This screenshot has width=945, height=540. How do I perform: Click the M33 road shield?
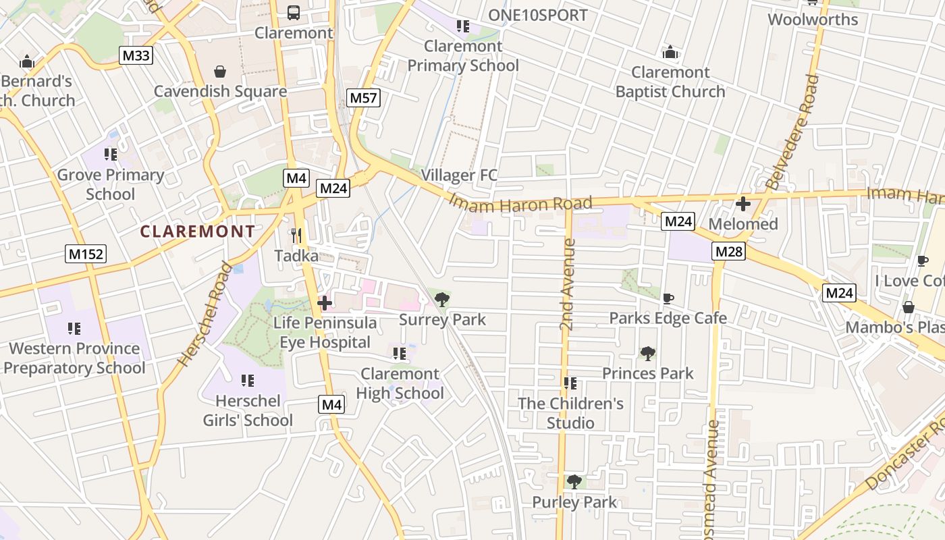point(136,55)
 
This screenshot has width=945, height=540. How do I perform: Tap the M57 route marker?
point(364,98)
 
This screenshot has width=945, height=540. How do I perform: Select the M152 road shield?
point(86,254)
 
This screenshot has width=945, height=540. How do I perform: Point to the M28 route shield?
point(729,252)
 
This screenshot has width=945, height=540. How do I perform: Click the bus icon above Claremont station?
point(294,12)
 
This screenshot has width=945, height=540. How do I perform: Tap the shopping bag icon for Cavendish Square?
point(220,72)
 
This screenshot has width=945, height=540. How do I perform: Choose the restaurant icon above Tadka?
point(296,236)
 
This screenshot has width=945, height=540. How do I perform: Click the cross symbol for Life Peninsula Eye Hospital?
point(325,303)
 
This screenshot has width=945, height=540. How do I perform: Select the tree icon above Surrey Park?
point(442,299)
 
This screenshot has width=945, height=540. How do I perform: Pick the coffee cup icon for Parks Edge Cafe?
point(668,298)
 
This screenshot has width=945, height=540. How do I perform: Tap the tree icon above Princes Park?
point(647,353)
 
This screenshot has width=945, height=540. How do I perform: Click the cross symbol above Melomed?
point(743,204)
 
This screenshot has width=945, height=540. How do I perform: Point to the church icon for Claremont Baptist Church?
point(670,52)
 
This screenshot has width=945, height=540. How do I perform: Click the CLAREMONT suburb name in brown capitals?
point(198,232)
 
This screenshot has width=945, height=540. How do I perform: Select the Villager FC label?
point(459,175)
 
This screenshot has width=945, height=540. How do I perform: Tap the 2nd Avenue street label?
point(567,284)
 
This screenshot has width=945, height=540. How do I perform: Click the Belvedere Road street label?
point(792,132)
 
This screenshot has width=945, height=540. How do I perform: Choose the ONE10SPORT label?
point(538,15)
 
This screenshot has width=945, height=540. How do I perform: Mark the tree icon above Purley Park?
point(574,481)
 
